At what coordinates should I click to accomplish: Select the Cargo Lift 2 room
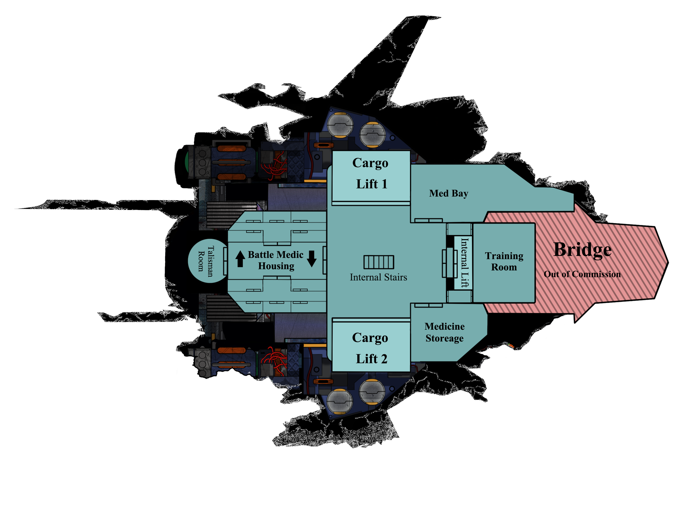[371, 347]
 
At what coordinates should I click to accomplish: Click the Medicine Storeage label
[444, 332]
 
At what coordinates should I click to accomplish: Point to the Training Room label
[504, 261]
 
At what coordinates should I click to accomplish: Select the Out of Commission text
[582, 274]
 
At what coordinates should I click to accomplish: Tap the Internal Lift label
[465, 263]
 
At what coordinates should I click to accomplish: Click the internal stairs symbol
[378, 262]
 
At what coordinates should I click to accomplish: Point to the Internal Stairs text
[378, 277]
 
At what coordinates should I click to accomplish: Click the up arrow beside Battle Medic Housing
[240, 259]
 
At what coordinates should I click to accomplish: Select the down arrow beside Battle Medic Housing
[311, 259]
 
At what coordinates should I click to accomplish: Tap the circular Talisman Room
[208, 261]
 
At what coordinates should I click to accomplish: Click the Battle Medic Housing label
[276, 260]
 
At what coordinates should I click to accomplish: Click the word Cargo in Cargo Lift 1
[370, 163]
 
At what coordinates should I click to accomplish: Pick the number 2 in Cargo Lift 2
[384, 359]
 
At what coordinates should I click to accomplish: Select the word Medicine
[444, 326]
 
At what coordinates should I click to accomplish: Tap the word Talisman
[211, 261]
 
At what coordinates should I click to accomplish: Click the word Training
[504, 256]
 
